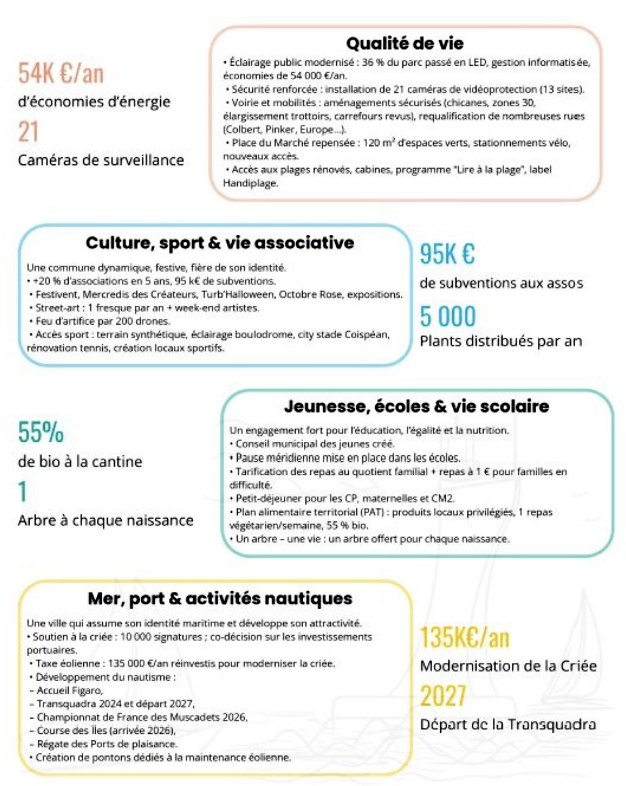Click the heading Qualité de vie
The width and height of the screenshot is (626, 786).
pos(405,44)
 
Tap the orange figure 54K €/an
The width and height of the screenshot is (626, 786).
pos(61,74)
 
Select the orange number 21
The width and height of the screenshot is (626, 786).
pos(28,132)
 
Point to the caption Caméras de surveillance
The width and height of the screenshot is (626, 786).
pos(101,160)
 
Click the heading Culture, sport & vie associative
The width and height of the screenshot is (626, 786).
pos(220,243)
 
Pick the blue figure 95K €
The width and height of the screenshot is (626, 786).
pos(447,254)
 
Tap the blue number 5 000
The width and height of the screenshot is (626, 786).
pos(448,317)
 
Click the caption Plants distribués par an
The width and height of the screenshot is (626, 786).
pos(501,341)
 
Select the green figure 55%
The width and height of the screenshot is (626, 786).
pos(41,432)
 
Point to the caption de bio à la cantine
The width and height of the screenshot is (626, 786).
pos(80,461)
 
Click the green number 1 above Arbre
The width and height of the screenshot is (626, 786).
pos(22,492)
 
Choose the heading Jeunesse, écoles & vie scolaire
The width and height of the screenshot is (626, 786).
pos(417,406)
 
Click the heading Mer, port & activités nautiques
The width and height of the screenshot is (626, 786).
pos(220,599)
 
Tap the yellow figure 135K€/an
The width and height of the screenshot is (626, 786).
pos(464,637)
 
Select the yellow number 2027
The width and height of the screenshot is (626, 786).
pos(443,696)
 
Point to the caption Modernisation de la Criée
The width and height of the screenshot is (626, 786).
pos(508,666)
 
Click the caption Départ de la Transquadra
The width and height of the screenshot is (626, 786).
pos(508,724)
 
